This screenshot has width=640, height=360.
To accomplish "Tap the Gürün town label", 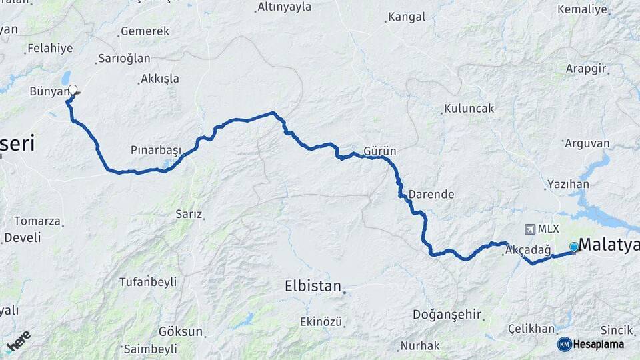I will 380,151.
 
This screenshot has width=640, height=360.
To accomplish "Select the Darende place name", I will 431,195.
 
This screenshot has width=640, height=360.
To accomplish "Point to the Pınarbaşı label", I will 156,151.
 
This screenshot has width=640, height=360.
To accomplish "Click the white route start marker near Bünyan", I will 73,89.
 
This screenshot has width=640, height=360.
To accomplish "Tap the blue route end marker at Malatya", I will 574,247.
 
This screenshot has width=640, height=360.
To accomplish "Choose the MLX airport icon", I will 530,229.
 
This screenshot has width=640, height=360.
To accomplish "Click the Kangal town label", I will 406,17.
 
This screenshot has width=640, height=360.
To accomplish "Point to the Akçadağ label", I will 528,250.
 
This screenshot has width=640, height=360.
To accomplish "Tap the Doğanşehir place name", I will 447,314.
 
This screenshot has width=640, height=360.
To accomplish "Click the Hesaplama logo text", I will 598,344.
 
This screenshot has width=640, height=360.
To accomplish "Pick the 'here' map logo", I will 19,340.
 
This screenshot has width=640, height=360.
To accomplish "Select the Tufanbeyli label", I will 148,282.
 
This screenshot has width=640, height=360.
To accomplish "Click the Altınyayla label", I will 284,7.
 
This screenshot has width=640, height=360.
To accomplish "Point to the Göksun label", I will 180,331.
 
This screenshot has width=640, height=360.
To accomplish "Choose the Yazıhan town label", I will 567,184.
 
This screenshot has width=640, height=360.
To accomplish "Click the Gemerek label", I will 145,31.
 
